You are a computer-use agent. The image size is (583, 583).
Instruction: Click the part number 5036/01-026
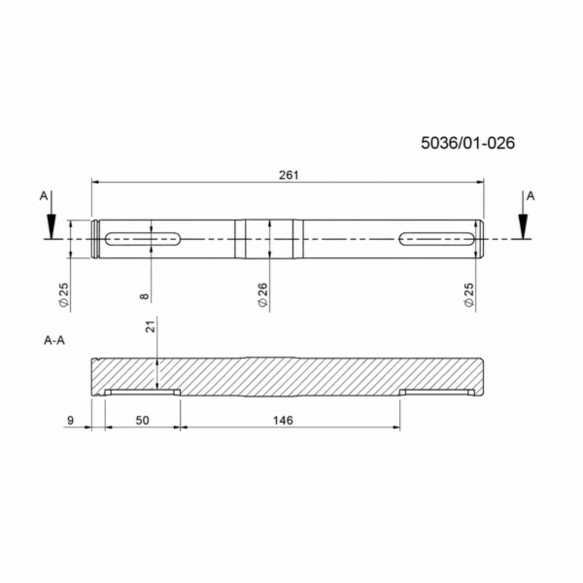[467, 143]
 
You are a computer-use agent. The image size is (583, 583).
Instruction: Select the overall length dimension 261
[289, 175]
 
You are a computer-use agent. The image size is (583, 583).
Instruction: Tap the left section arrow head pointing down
[51, 226]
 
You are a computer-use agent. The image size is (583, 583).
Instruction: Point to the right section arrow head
[523, 226]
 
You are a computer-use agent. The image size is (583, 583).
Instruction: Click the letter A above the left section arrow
[44, 196]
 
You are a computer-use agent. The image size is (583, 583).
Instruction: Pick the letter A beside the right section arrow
[531, 196]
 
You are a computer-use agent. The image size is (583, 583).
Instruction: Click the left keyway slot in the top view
[143, 239]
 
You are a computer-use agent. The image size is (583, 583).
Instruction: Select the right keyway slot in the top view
[436, 239]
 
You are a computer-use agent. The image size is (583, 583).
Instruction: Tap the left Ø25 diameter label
[64, 294]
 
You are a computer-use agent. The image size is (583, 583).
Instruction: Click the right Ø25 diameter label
[469, 294]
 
